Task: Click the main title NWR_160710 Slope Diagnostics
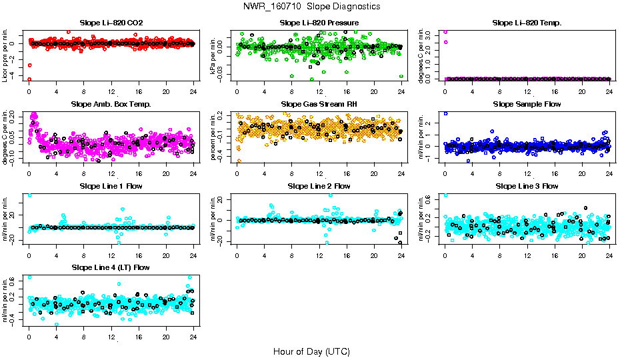pyautogui.click(x=312, y=6)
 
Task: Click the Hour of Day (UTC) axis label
pyautogui.click(x=311, y=351)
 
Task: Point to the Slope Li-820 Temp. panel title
pyautogui.click(x=527, y=23)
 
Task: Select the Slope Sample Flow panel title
pyautogui.click(x=527, y=105)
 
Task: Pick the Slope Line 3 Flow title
pyautogui.click(x=527, y=186)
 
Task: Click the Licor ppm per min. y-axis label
pyautogui.click(x=5, y=55)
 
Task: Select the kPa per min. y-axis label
pyautogui.click(x=213, y=55)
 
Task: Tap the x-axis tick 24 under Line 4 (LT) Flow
pyautogui.click(x=193, y=338)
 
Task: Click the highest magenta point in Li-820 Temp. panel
pyautogui.click(x=445, y=31)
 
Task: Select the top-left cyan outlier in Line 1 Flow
pyautogui.click(x=29, y=195)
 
